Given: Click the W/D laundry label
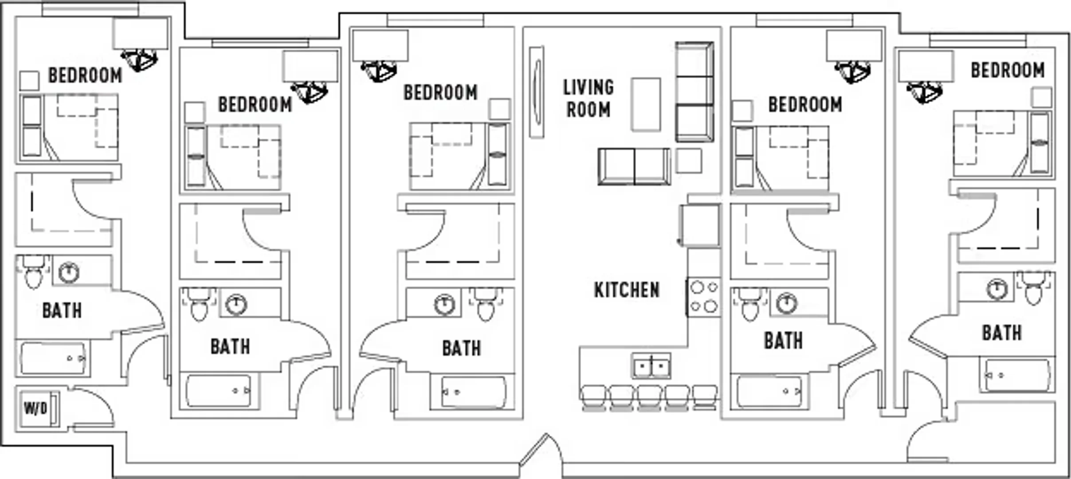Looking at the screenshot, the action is [35, 408].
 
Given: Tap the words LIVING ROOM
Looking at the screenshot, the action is [588, 98].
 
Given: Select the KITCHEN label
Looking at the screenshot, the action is [627, 290].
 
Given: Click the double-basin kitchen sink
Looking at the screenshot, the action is [651, 365].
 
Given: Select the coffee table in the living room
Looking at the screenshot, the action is [646, 104].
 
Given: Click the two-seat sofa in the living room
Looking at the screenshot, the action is [634, 166].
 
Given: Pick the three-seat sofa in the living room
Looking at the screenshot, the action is [694, 92].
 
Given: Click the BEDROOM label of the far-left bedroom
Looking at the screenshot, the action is [85, 75].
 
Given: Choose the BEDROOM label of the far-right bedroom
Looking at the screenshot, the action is [1008, 70].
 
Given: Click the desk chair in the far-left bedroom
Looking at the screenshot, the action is [140, 60].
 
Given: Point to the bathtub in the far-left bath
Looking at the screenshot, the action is [54, 358].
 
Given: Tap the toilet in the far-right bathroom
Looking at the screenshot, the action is [1034, 287].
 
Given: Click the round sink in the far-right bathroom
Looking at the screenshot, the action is [997, 289].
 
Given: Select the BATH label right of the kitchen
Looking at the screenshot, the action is [783, 341].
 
